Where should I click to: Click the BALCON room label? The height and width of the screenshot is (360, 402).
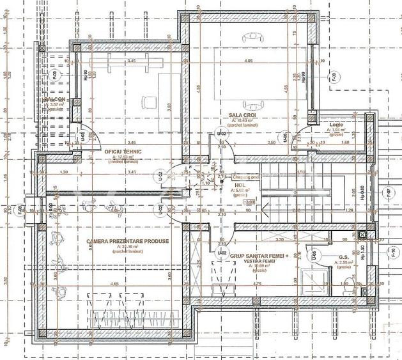coord(55,100)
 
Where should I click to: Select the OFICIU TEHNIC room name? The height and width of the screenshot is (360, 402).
coord(122,151)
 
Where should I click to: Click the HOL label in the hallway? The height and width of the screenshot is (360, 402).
coord(240,184)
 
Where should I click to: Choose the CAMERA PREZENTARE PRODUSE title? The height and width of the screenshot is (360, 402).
coord(119,241)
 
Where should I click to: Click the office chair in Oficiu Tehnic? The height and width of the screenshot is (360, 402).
coord(149,100)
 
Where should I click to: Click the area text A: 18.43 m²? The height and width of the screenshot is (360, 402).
coord(243,120)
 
